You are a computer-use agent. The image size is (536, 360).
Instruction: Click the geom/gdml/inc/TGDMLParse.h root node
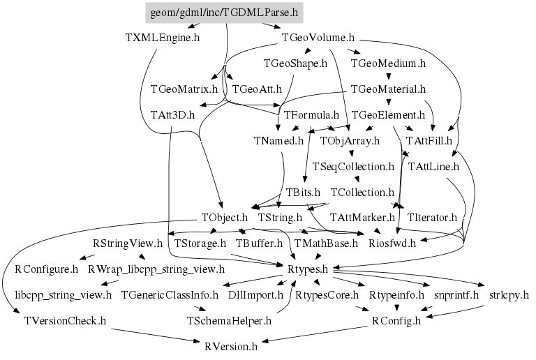click(225, 12)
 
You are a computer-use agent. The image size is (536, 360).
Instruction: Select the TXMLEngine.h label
click(158, 38)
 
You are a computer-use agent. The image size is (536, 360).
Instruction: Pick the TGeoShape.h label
click(295, 63)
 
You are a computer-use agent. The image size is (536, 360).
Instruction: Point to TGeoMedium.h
click(388, 63)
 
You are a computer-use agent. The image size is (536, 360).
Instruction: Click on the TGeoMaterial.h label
click(388, 89)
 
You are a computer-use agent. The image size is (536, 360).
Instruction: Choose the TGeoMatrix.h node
click(184, 89)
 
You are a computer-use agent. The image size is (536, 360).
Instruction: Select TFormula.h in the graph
click(311, 114)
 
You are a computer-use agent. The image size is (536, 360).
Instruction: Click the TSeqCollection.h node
click(354, 167)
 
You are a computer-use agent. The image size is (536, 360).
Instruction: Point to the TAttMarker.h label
click(362, 218)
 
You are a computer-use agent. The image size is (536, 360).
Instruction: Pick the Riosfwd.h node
click(392, 243)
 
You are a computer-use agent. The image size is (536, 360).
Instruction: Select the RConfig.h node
click(396, 320)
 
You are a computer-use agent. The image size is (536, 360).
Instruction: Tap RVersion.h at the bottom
click(231, 346)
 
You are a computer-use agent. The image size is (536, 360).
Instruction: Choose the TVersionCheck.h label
click(64, 320)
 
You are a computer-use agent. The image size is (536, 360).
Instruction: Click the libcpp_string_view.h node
click(63, 295)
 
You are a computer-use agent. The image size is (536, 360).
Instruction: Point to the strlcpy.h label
click(509, 295)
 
